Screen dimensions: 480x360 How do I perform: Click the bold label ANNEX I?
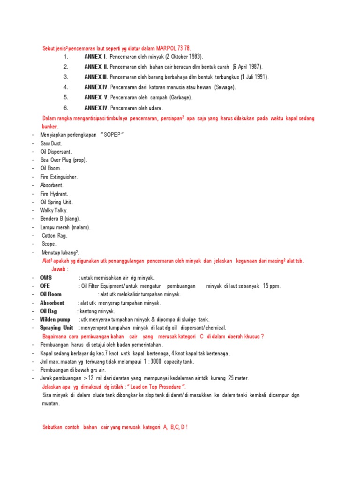96,57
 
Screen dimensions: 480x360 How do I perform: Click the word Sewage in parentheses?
225,87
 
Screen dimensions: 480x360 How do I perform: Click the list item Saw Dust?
52,144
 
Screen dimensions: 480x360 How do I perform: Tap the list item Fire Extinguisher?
59,177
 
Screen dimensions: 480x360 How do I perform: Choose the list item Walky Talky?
54,210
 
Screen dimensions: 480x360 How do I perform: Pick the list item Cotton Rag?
55,236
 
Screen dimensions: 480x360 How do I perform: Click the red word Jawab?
59,269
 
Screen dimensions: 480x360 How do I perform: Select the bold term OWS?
46,277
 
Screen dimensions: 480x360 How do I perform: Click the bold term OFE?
45,286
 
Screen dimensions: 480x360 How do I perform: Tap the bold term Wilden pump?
55,319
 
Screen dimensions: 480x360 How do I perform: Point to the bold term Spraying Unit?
57,328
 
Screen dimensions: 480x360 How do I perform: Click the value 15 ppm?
271,286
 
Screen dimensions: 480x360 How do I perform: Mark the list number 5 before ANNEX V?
66,97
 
